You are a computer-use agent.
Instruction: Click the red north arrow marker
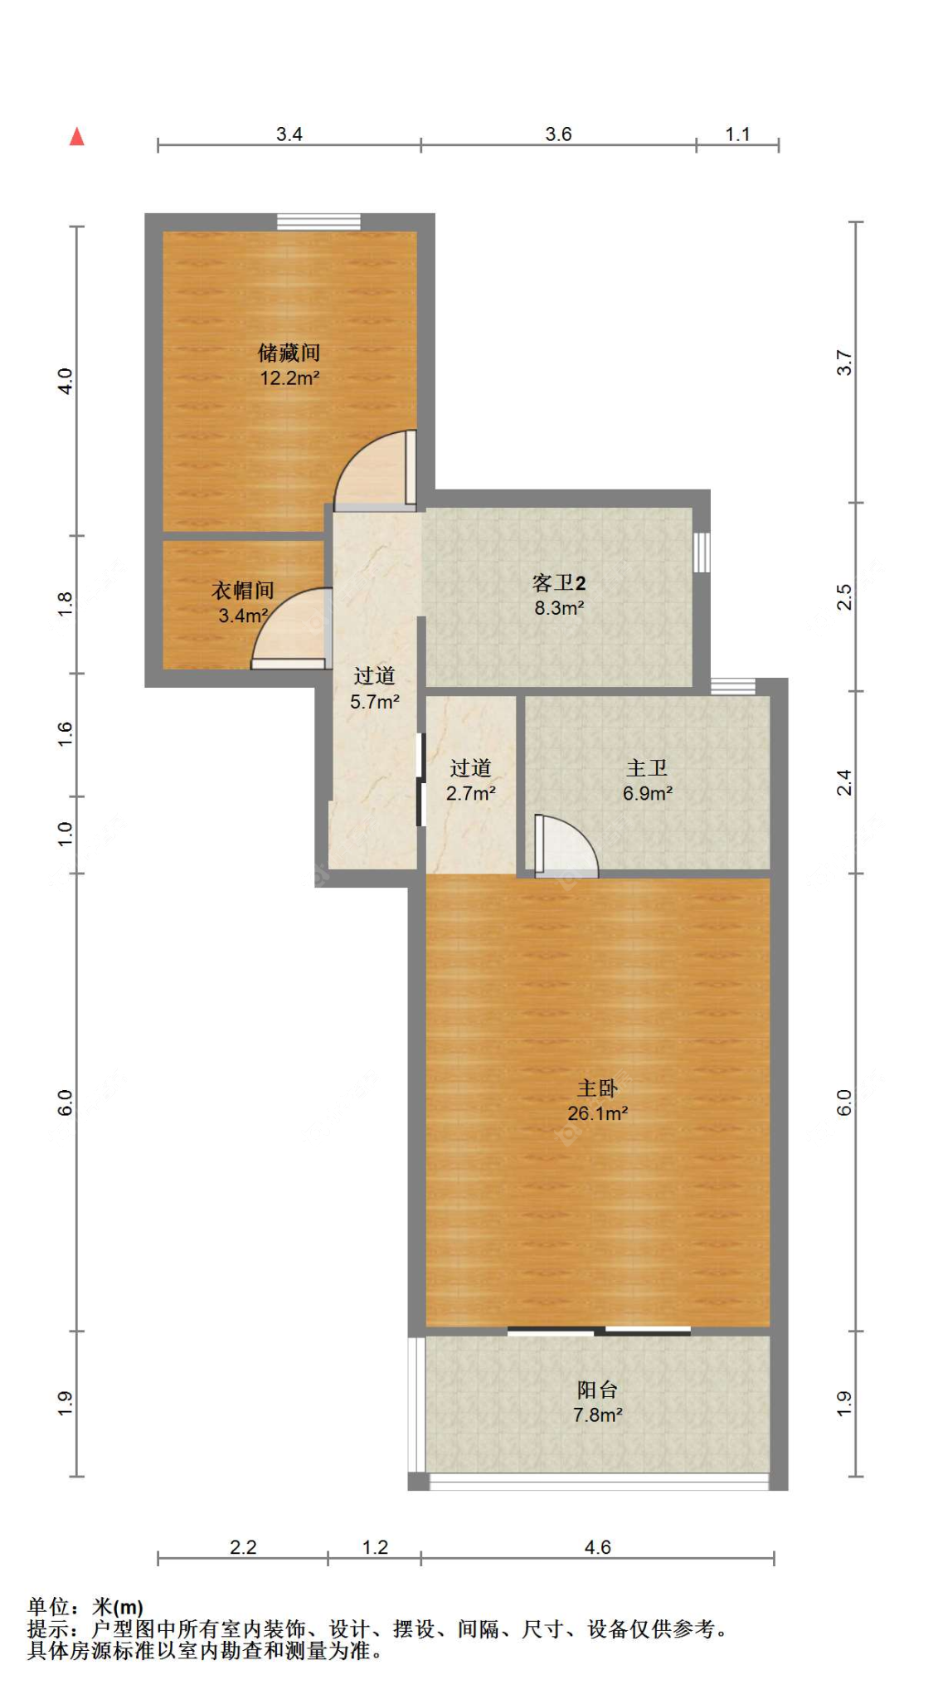click(x=77, y=137)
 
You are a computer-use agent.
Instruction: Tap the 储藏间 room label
click(x=289, y=353)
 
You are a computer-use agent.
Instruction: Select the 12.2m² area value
click(x=289, y=378)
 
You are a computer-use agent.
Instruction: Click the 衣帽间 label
click(x=242, y=590)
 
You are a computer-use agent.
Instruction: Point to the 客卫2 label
click(x=559, y=582)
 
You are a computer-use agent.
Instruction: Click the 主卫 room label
click(x=647, y=768)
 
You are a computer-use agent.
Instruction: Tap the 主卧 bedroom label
click(x=597, y=1088)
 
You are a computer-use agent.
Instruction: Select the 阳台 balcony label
click(x=597, y=1390)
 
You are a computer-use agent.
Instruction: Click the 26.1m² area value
click(x=597, y=1113)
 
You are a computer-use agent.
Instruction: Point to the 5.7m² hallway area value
click(x=375, y=702)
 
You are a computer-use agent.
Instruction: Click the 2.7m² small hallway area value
click(x=471, y=794)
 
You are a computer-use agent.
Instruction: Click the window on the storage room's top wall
click(x=318, y=222)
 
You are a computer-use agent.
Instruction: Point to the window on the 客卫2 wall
click(x=702, y=552)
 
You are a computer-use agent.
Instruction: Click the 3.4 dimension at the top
click(x=289, y=134)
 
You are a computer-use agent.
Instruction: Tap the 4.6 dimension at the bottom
click(x=597, y=1547)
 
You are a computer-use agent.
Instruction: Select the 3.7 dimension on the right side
click(x=844, y=363)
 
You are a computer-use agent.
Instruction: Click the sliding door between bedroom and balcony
click(x=599, y=1332)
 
